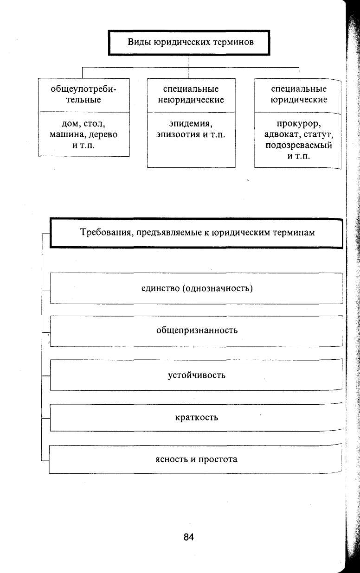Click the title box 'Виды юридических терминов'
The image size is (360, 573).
pyautogui.click(x=189, y=42)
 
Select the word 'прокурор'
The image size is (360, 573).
pyautogui.click(x=298, y=124)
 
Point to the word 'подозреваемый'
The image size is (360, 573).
pyautogui.click(x=298, y=145)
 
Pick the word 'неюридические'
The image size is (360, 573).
pyautogui.click(x=191, y=100)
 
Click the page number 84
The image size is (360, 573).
pyautogui.click(x=189, y=537)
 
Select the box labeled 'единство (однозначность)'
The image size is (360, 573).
pyautogui.click(x=196, y=288)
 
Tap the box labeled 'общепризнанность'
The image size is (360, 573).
pyautogui.click(x=196, y=331)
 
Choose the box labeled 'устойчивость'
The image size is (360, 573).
pyautogui.click(x=196, y=375)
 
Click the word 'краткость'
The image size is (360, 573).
pyautogui.click(x=197, y=417)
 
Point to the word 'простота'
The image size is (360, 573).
pyautogui.click(x=218, y=459)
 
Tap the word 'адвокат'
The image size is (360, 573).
pyautogui.click(x=280, y=134)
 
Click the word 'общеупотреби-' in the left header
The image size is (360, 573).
pyautogui.click(x=84, y=89)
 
